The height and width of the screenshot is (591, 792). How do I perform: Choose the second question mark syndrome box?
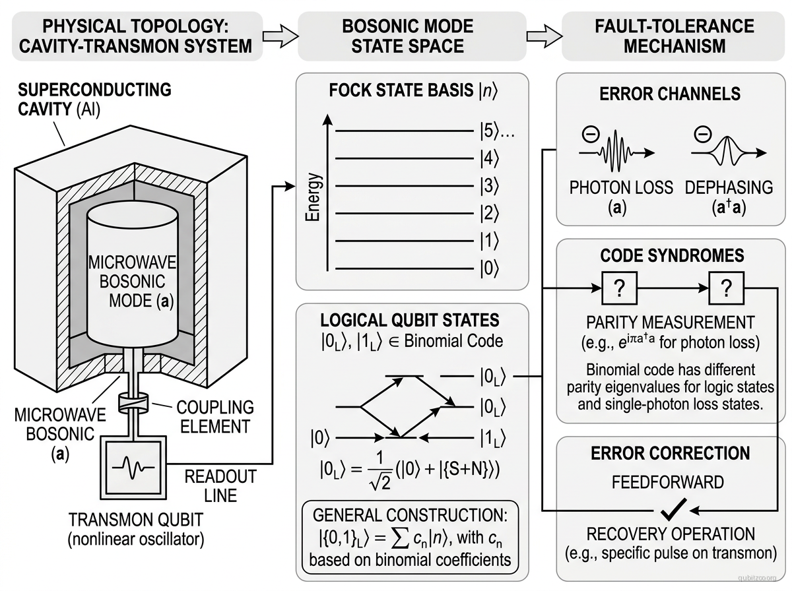(x=726, y=288)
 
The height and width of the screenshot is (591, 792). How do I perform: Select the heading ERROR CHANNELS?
(x=670, y=94)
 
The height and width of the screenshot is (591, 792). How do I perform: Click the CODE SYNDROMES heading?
(x=672, y=255)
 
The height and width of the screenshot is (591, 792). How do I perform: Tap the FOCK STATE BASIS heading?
(x=412, y=90)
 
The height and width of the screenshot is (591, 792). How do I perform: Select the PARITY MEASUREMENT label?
(x=670, y=323)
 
